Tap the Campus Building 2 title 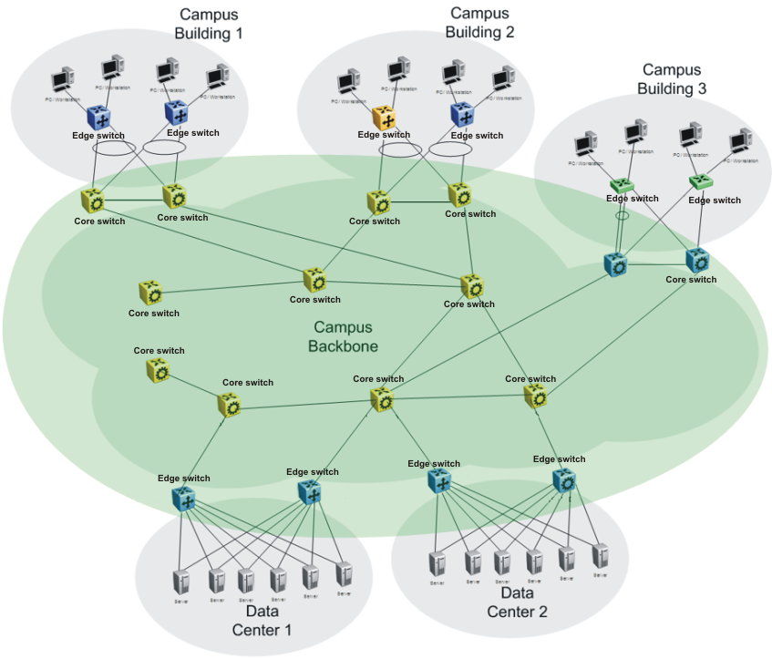pos(479,23)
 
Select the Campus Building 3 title pos(672,78)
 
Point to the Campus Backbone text pos(343,336)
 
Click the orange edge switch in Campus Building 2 pos(384,117)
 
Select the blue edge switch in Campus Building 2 pos(463,115)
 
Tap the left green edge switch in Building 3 pos(622,184)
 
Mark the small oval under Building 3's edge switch pos(622,217)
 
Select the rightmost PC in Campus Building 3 pos(740,144)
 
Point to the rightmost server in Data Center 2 pos(600,555)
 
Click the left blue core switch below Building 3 pos(616,264)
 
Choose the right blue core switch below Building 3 pos(698,260)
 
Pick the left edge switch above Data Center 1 pos(184,498)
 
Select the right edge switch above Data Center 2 pos(564,479)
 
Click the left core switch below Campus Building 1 pos(93,201)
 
